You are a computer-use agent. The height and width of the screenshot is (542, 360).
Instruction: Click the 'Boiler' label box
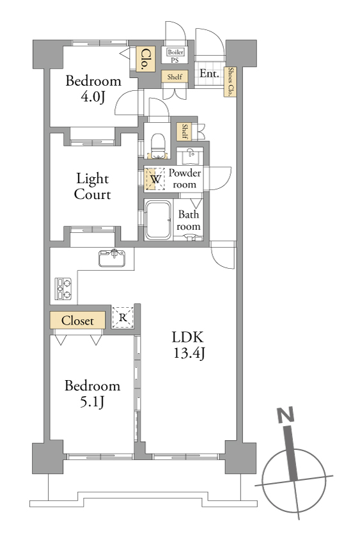point(175,52)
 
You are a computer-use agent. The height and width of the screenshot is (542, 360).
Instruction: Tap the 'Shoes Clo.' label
point(230,81)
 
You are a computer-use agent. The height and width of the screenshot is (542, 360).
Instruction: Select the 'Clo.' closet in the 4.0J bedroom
point(145,59)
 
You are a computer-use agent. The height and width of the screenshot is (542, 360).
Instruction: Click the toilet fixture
point(159,146)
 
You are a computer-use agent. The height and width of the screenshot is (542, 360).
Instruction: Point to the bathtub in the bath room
point(158,220)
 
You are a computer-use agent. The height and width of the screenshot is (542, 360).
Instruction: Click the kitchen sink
point(112,259)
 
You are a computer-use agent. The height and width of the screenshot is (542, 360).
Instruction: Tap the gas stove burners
point(63,289)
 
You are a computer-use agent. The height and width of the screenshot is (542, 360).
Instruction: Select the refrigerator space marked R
point(123,317)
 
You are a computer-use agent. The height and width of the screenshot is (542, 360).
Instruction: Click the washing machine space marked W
point(155,179)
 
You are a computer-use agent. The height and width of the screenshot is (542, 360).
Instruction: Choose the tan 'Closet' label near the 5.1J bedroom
point(77,321)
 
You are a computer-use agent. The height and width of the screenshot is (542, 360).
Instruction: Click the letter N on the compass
point(286,415)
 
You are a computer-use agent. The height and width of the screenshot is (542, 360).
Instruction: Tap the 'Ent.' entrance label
point(209,74)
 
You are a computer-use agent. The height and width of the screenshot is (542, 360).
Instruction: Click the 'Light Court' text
point(93,186)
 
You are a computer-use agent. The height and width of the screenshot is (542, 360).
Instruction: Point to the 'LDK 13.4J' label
point(188,345)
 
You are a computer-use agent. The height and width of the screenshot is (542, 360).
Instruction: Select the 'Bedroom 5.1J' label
point(93,394)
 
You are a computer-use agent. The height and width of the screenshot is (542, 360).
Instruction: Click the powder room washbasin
point(190,156)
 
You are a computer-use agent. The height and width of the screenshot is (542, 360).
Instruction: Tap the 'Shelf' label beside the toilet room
point(185,131)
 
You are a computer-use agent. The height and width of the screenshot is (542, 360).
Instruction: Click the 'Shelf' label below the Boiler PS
point(175,77)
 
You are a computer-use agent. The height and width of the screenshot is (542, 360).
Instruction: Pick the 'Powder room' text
point(185,179)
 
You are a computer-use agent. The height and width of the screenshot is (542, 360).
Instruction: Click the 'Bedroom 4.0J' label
point(93,89)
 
